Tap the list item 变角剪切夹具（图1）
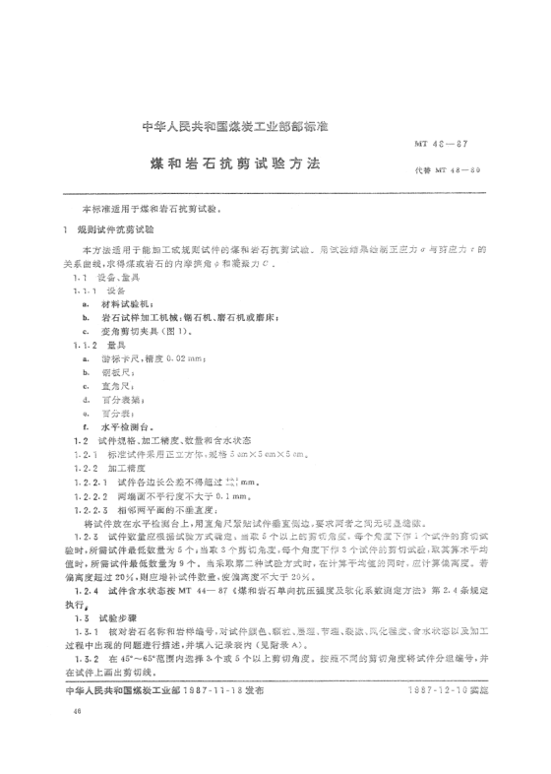coord(153,334)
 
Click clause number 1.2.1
coord(87,457)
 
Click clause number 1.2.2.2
coord(94,498)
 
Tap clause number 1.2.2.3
coord(94,512)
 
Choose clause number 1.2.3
coord(87,540)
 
